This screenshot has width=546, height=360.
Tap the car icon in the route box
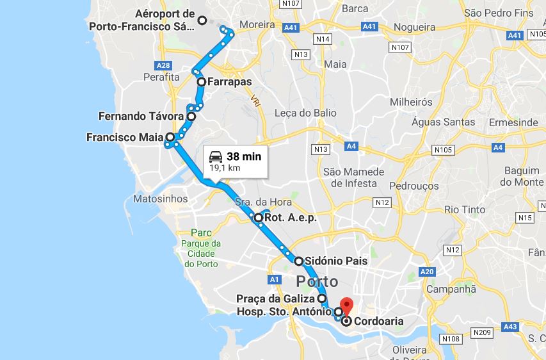[x=216, y=156]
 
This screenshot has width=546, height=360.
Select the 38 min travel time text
[x=244, y=156]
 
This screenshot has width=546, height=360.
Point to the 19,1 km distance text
[x=225, y=168]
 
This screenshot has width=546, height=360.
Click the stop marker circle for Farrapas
[x=201, y=82]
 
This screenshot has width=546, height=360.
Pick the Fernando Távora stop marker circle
[x=191, y=117]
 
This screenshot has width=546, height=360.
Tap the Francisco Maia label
[x=125, y=137]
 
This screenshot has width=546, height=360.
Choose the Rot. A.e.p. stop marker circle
[x=259, y=218]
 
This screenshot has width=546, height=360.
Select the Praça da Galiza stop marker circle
[x=321, y=299]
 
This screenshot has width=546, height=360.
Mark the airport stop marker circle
[x=202, y=20]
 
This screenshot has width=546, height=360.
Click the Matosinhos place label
[x=160, y=199]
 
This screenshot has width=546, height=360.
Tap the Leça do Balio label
[x=305, y=113]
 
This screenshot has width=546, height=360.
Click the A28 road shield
[x=163, y=65]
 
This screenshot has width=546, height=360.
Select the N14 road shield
[x=323, y=40]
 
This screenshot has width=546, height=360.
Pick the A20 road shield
[x=428, y=272]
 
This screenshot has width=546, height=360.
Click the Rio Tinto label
[x=465, y=209]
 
